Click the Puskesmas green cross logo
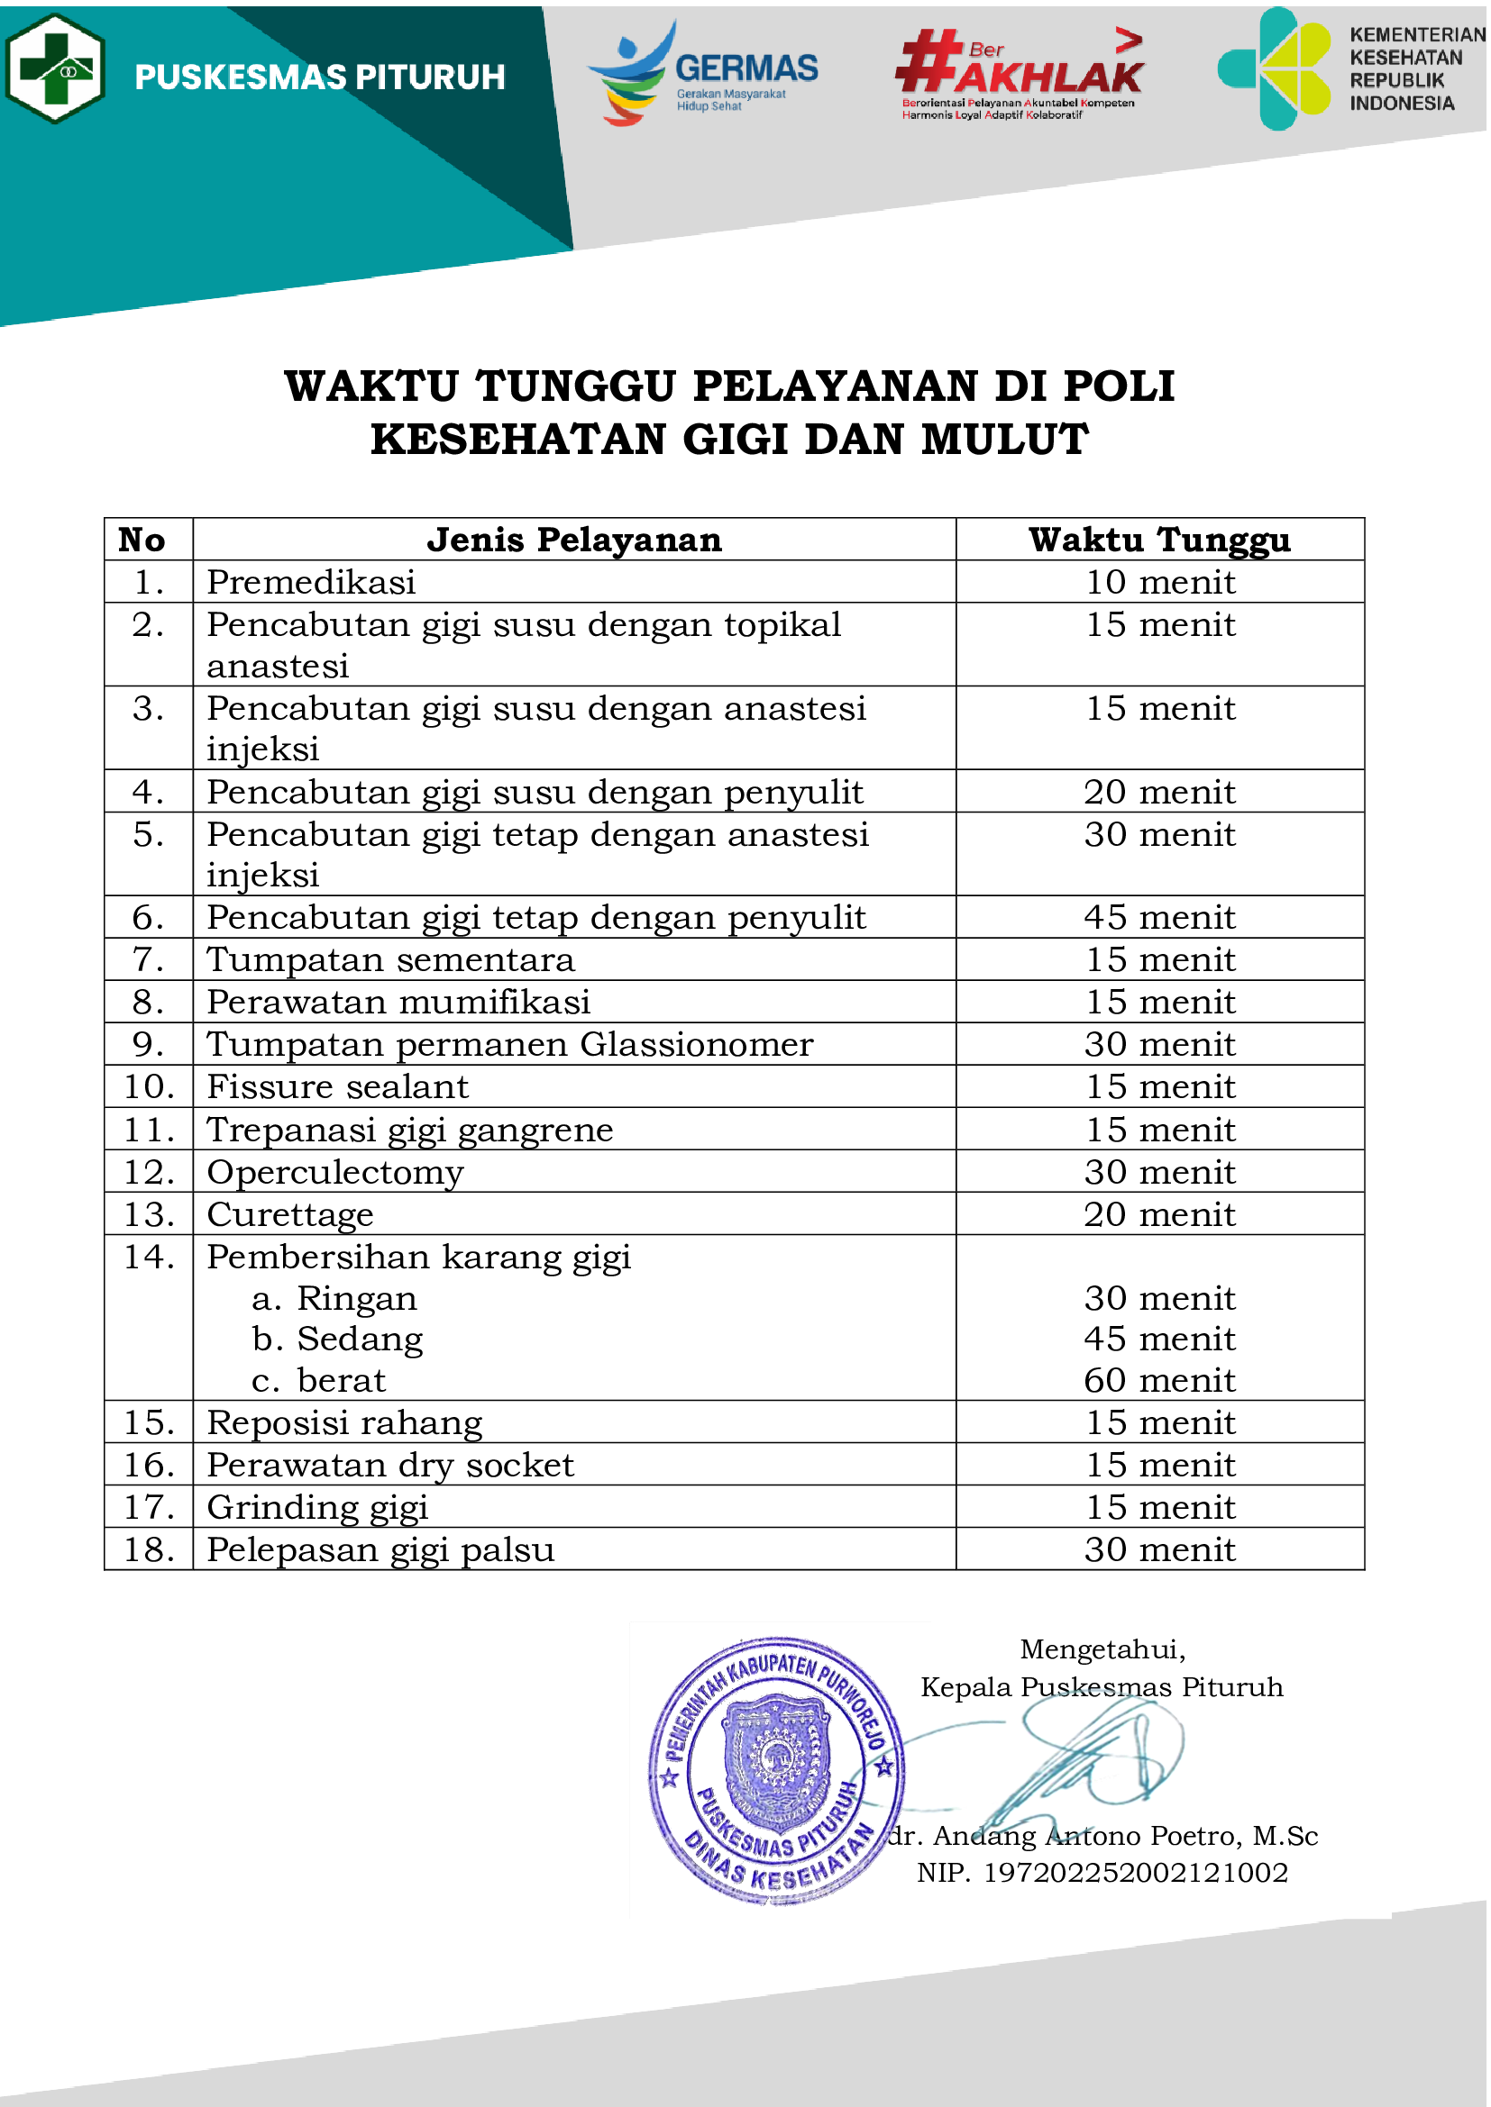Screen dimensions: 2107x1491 [x=55, y=68]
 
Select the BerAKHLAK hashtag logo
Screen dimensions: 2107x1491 [x=1020, y=73]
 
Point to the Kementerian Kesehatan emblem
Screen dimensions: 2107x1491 [x=1276, y=68]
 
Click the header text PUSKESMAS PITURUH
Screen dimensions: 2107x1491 [x=319, y=78]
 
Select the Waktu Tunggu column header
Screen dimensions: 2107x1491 [x=1160, y=540]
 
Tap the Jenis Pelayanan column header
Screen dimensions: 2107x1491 [x=575, y=540]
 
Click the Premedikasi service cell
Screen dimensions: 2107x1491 [x=311, y=583]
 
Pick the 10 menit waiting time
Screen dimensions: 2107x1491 [x=1160, y=583]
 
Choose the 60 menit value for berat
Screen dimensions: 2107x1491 [x=1160, y=1381]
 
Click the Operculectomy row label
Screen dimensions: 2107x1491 [x=336, y=1173]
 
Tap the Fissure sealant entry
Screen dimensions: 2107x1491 [x=338, y=1087]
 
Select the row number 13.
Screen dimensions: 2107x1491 [x=149, y=1215]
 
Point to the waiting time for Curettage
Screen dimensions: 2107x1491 [x=1160, y=1215]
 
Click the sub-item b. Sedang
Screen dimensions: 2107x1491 [x=338, y=1340]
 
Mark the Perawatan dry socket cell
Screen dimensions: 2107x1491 [x=390, y=1466]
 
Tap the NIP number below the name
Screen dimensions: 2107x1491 [x=1102, y=1873]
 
